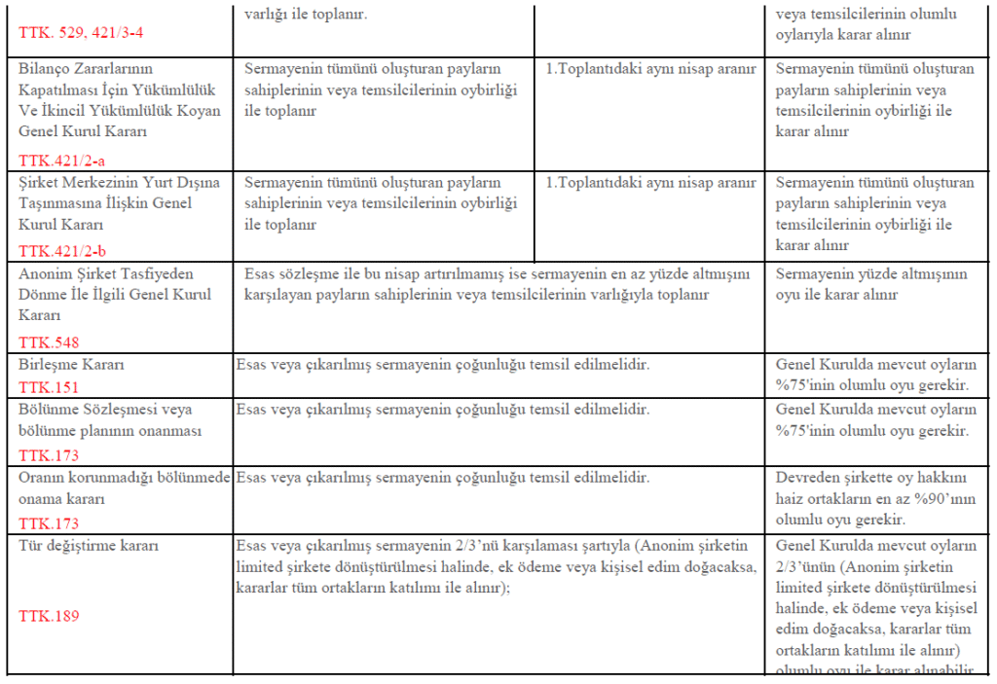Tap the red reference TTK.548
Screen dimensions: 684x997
click(x=48, y=342)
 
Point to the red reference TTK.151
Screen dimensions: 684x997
click(x=48, y=386)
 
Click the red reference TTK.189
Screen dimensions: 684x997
click(x=48, y=616)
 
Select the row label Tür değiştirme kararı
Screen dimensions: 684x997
click(x=88, y=546)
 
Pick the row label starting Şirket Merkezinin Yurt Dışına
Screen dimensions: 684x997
click(x=119, y=182)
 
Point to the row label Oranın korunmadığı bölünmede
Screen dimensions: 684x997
click(x=123, y=479)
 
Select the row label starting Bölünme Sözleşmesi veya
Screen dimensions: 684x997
click(x=105, y=410)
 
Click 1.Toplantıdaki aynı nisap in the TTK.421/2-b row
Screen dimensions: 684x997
click(x=650, y=183)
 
